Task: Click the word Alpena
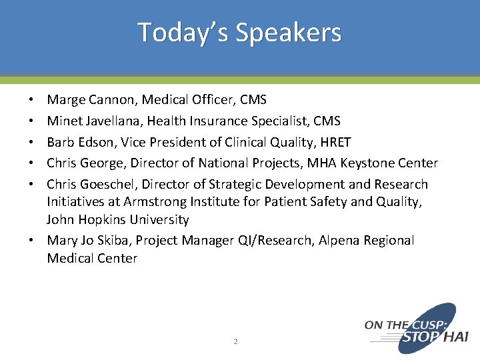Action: pos(333,241)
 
